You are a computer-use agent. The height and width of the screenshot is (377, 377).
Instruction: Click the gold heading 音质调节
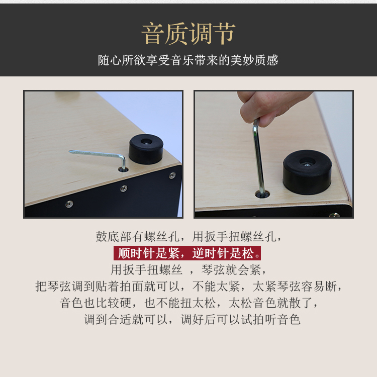189,34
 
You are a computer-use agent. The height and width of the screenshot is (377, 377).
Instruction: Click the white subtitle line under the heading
188,60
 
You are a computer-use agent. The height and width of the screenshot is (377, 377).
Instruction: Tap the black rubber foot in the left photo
146,149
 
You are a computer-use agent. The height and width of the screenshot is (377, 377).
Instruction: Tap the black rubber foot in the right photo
307,172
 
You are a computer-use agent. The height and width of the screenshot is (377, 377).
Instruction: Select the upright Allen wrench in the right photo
258,156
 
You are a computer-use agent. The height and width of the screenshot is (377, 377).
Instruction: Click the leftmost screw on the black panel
69,204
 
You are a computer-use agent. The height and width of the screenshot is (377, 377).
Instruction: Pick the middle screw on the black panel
124,189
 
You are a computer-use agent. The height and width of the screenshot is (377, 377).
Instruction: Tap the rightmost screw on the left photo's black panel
172,175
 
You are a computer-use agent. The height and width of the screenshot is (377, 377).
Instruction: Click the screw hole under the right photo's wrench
262,194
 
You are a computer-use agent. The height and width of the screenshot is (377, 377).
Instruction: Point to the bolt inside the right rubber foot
307,164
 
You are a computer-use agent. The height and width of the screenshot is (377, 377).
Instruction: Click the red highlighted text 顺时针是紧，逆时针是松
187,253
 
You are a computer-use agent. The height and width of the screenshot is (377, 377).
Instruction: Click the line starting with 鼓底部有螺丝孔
189,237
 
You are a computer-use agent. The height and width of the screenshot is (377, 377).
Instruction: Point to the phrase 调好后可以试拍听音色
240,320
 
